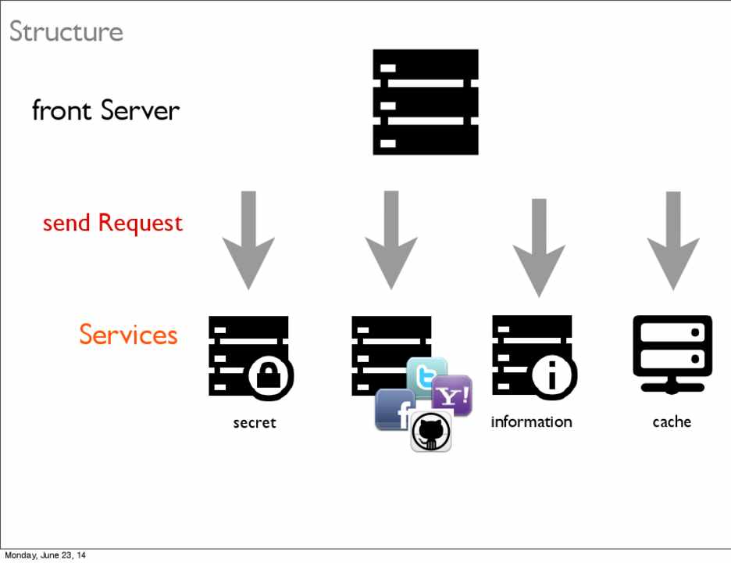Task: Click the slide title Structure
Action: click(x=66, y=32)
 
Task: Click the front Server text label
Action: click(x=105, y=110)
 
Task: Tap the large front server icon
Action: click(x=425, y=102)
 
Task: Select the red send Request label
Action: click(x=112, y=224)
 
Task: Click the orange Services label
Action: click(x=128, y=335)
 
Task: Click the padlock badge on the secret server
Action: click(x=269, y=377)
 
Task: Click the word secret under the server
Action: click(x=255, y=423)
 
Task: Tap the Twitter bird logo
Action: click(x=427, y=375)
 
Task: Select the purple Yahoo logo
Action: click(x=452, y=396)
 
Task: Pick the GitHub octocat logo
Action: click(x=431, y=431)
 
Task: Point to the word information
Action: click(x=531, y=422)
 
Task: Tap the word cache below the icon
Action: click(x=672, y=422)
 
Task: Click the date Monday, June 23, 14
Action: click(x=45, y=556)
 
